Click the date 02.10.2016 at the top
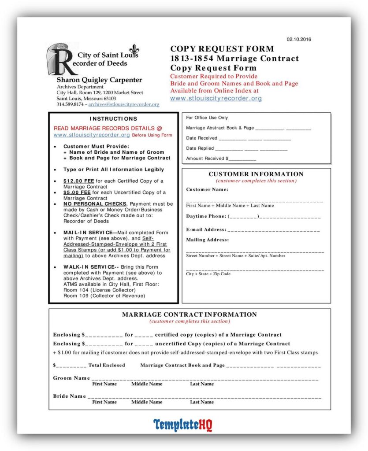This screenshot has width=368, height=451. tap(299, 39)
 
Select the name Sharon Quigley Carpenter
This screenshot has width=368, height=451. tap(99, 80)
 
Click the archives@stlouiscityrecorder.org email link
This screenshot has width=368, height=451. tap(124, 104)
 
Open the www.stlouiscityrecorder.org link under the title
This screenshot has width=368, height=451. tap(216, 98)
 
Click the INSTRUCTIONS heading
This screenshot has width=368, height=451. tap(113, 118)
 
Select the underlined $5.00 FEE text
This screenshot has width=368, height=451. tap(77, 192)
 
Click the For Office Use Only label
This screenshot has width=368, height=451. tap(207, 118)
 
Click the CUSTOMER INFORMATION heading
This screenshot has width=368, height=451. tap(256, 174)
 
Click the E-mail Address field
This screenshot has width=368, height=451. tap(273, 229)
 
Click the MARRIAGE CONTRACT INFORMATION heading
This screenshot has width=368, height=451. tap(189, 314)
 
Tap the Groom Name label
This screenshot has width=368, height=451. tap(71, 378)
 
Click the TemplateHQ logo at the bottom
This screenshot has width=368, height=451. tap(183, 425)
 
